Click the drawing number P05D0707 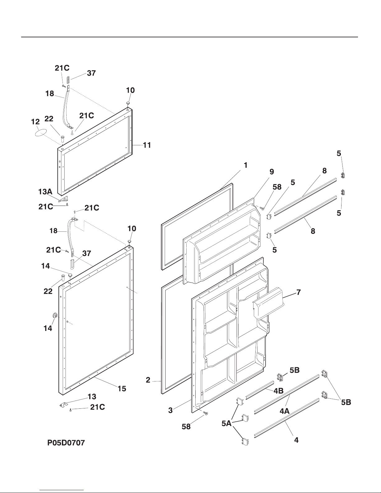[66, 443]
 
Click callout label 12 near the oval [36, 122]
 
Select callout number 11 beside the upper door [147, 145]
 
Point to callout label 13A [45, 192]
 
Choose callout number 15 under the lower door [122, 388]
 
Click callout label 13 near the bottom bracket [92, 397]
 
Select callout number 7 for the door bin [298, 292]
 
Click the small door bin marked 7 [267, 303]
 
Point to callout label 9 [272, 171]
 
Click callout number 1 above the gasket [246, 165]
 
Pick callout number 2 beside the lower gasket [148, 380]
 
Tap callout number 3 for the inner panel [170, 410]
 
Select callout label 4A [285, 411]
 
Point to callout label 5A [226, 423]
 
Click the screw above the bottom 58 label [206, 413]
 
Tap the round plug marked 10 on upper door [128, 103]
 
